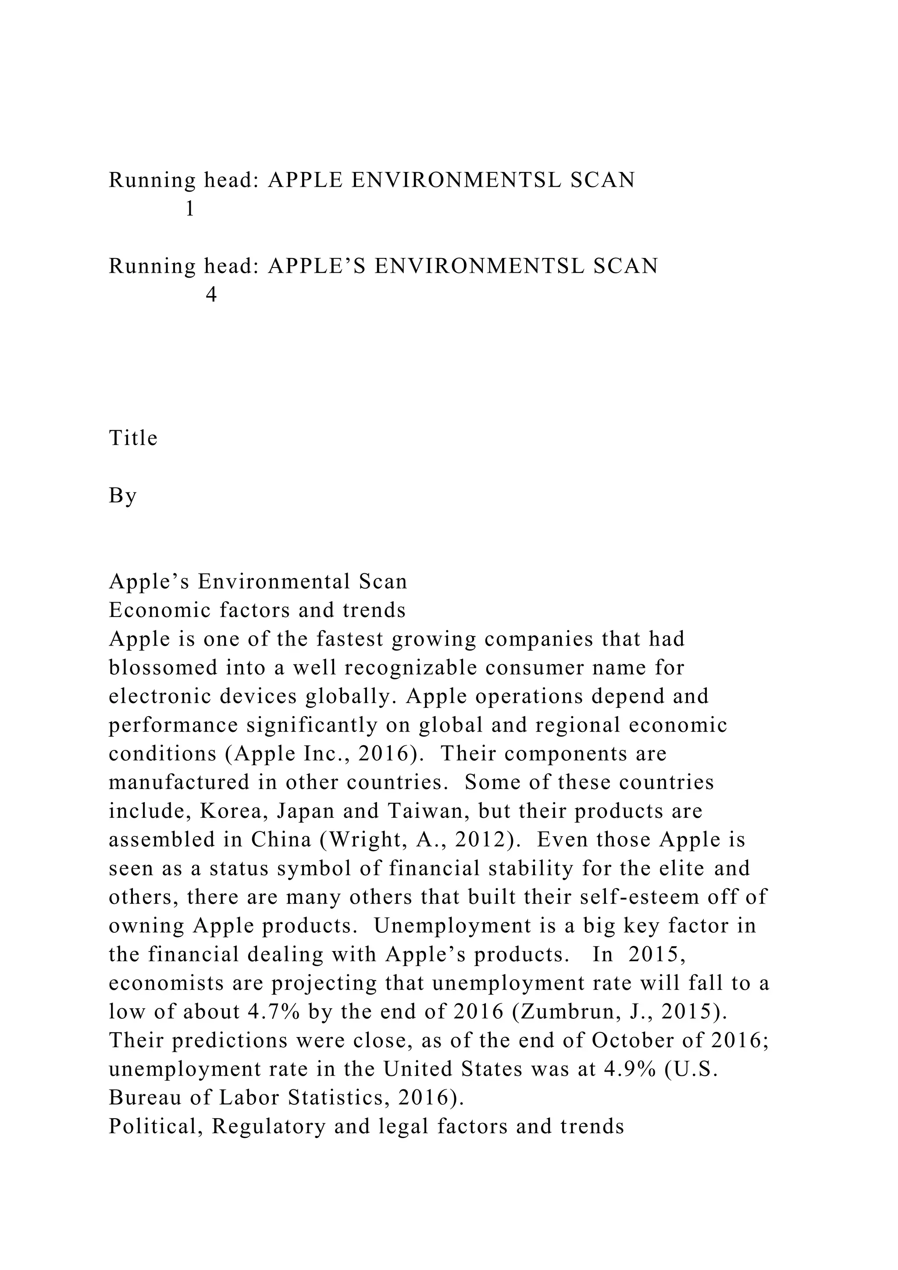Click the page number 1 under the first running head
tap(190, 209)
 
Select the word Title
tap(133, 438)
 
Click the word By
tap(123, 496)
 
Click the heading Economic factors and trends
tap(257, 610)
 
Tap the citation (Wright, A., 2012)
tap(421, 840)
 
